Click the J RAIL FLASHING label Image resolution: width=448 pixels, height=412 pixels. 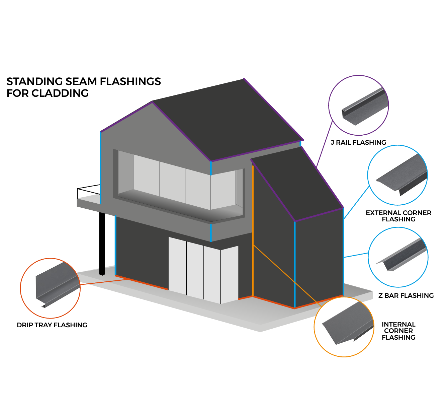pos(358,143)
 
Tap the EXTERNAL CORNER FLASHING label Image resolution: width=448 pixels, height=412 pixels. pos(398,216)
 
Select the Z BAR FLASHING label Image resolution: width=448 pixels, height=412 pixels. pos(406,296)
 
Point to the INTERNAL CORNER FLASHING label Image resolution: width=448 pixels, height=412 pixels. pos(398,331)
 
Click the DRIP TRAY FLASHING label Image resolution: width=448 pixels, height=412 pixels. pos(52,325)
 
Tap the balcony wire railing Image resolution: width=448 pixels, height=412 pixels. pos(88,190)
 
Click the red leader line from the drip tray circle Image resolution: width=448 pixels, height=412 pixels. pos(104,282)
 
